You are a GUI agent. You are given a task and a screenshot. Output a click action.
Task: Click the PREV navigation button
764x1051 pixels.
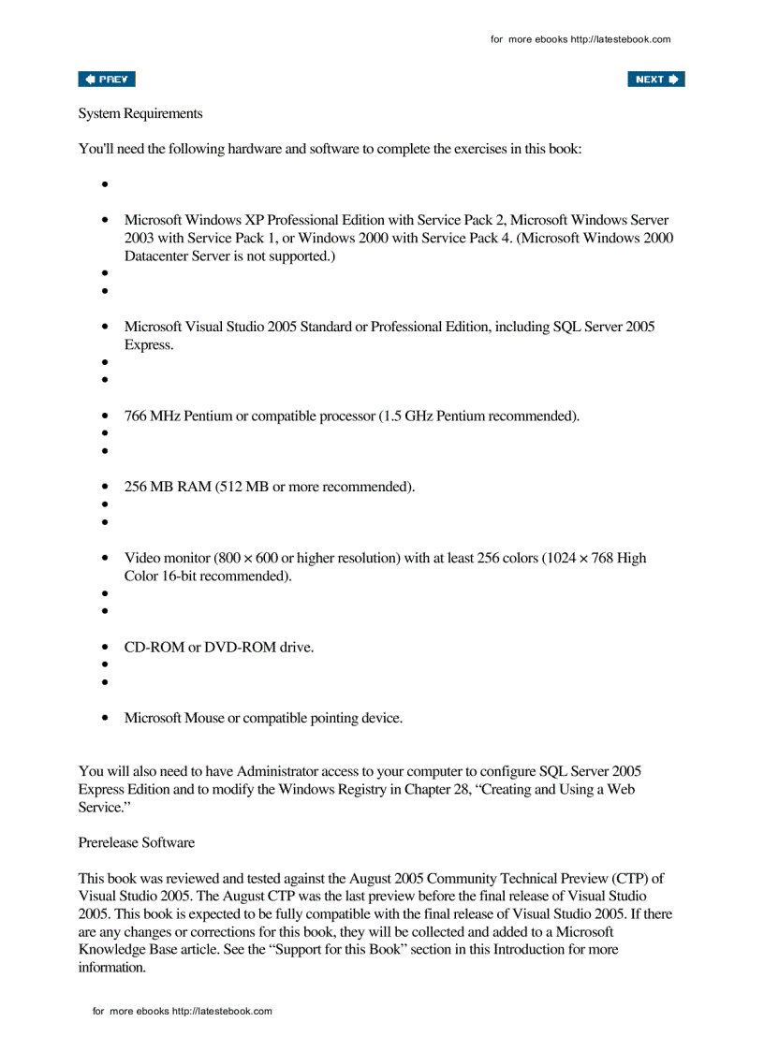click(107, 80)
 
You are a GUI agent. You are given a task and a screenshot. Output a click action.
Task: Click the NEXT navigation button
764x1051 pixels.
click(655, 80)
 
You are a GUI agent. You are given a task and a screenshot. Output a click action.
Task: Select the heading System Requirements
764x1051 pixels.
click(140, 113)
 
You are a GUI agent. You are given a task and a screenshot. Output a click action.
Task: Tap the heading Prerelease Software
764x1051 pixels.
click(137, 842)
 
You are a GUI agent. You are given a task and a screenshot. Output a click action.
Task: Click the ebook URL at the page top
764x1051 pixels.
click(621, 39)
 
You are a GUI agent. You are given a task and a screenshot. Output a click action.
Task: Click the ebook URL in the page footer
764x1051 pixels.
click(222, 1011)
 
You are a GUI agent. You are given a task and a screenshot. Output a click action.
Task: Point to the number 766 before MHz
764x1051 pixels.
click(136, 416)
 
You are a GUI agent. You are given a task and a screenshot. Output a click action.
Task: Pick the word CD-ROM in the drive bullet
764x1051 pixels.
click(154, 647)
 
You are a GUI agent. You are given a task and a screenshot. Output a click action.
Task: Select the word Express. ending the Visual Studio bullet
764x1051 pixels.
click(149, 344)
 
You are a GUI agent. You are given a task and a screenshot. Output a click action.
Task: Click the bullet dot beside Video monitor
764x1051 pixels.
click(106, 558)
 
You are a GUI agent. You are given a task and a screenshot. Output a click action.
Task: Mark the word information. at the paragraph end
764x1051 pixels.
click(112, 967)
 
